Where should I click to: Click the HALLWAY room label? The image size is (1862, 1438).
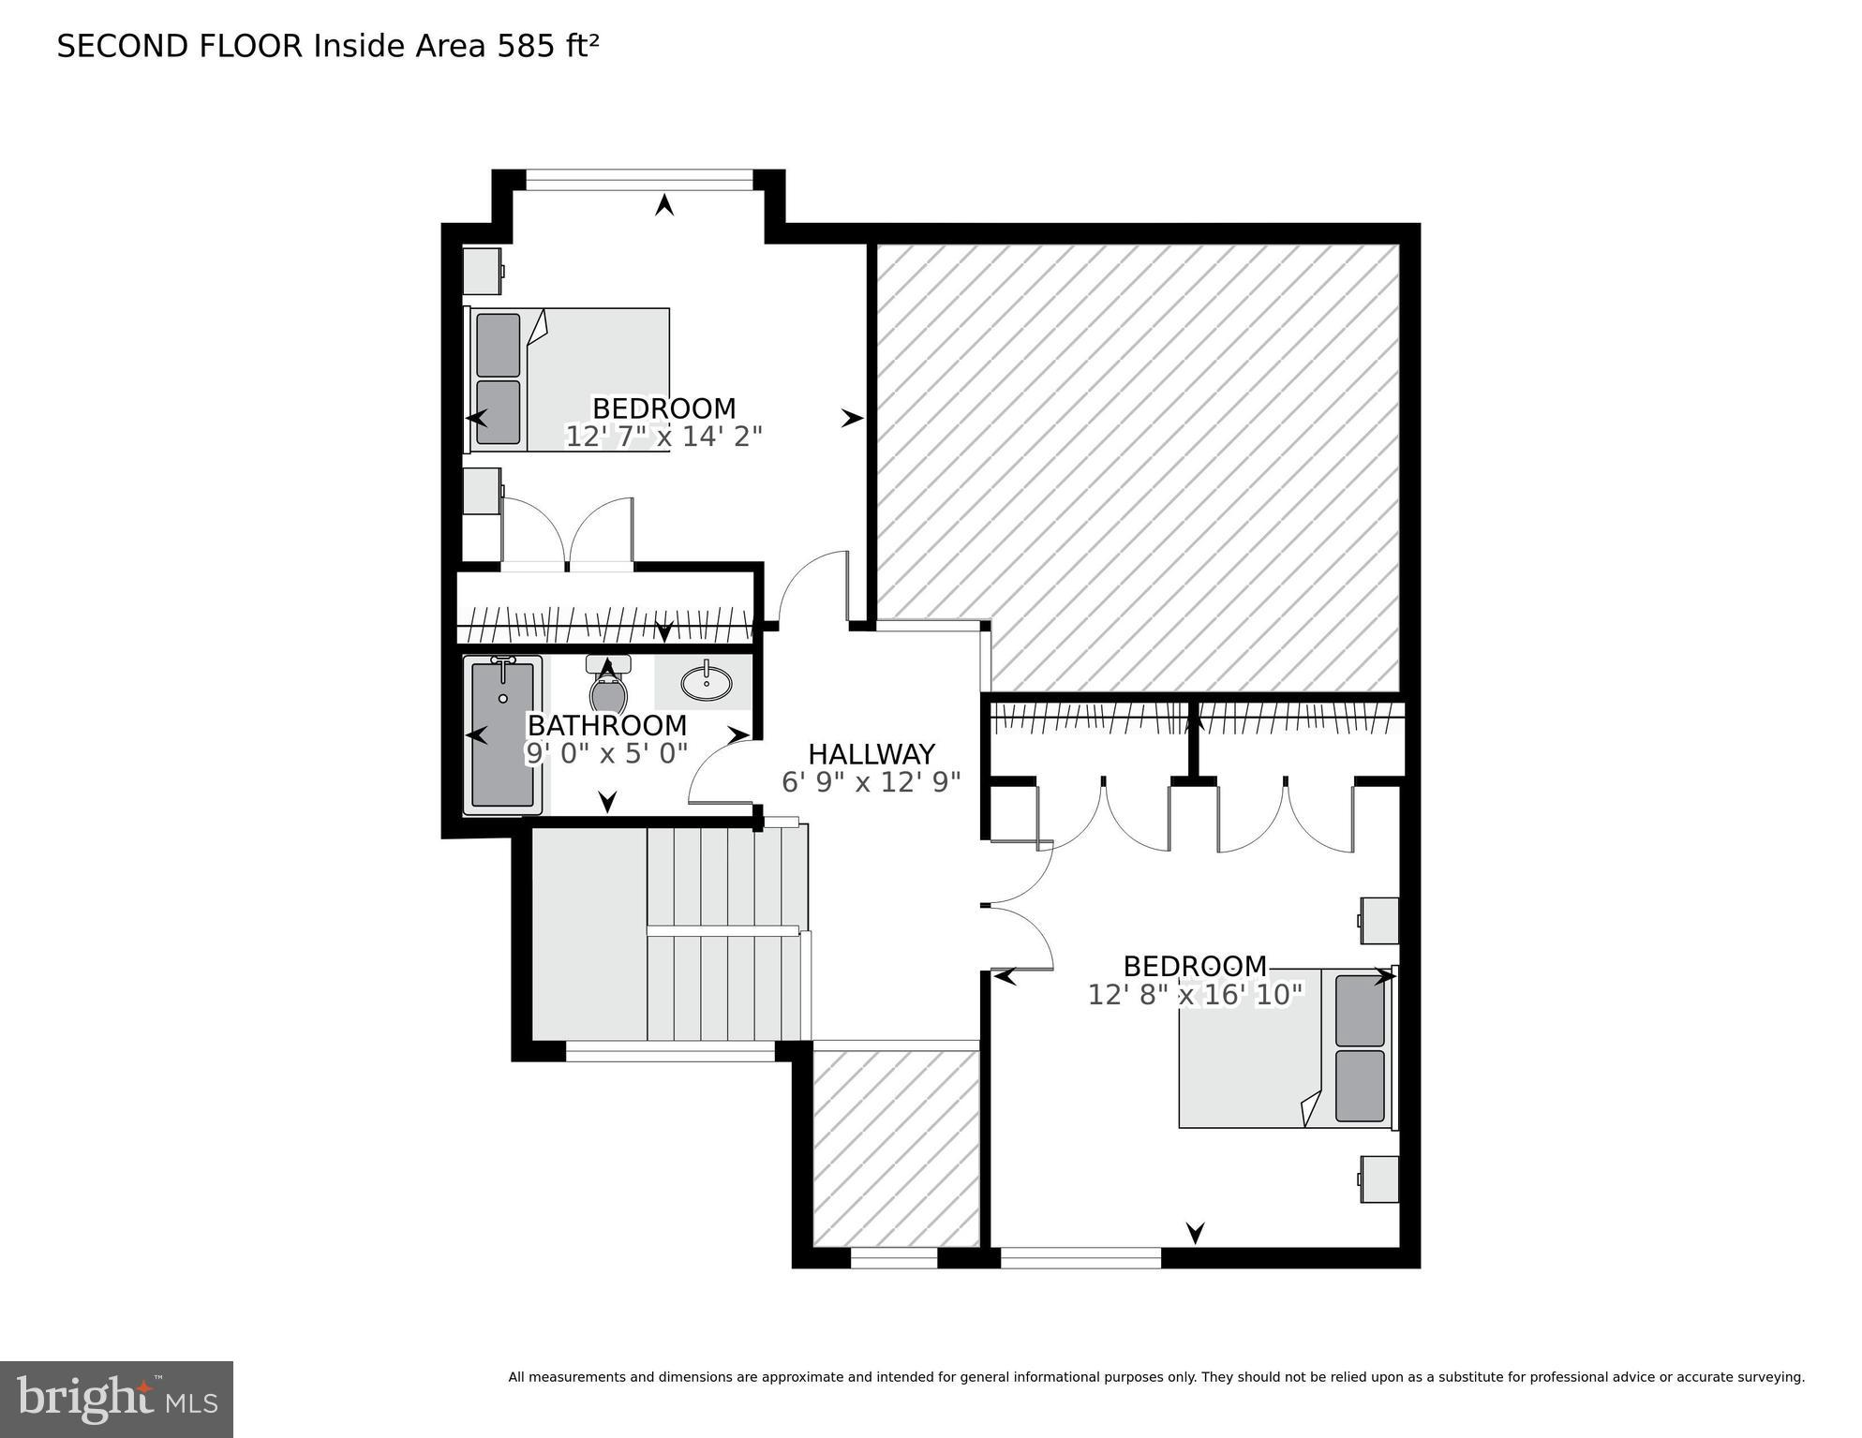[x=871, y=754]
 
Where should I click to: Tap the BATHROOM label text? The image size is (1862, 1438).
[x=606, y=726]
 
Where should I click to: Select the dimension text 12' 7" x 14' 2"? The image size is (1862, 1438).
[x=663, y=437]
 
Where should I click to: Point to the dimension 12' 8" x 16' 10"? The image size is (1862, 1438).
[x=1195, y=995]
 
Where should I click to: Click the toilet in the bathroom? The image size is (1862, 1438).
[x=607, y=689]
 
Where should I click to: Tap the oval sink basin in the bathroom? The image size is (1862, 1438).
[x=706, y=682]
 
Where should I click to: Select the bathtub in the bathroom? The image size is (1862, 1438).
[x=502, y=735]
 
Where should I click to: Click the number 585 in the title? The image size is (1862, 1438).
[x=525, y=47]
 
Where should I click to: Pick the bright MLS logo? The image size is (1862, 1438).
[x=116, y=1399]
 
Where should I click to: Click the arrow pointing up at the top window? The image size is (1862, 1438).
[x=664, y=204]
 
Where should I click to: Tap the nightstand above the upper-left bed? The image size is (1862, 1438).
[x=483, y=271]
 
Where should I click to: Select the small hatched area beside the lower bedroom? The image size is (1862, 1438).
[x=895, y=1148]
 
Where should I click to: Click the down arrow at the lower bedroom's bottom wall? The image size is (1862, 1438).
[x=1195, y=1232]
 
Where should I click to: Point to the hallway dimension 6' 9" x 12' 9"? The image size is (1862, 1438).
[x=871, y=782]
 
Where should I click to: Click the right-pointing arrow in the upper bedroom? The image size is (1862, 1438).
[x=851, y=418]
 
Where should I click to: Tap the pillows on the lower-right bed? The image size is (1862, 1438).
[x=1360, y=1049]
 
